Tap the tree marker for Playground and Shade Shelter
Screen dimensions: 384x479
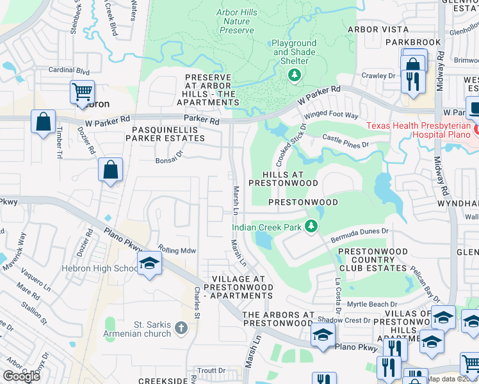pyautogui.click(x=295, y=76)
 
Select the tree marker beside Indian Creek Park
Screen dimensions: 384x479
pyautogui.click(x=311, y=226)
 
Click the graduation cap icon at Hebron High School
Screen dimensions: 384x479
pyautogui.click(x=149, y=264)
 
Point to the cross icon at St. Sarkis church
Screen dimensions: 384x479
pyautogui.click(x=181, y=328)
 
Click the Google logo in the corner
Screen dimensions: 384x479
pyautogui.click(x=21, y=376)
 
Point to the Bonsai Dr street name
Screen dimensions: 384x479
pyautogui.click(x=169, y=161)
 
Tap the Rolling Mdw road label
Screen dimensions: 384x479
pyautogui.click(x=177, y=250)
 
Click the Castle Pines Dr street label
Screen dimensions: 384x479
pyautogui.click(x=346, y=141)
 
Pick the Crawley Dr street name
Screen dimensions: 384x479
pyautogui.click(x=378, y=76)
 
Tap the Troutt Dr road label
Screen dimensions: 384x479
pyautogui.click(x=211, y=370)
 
